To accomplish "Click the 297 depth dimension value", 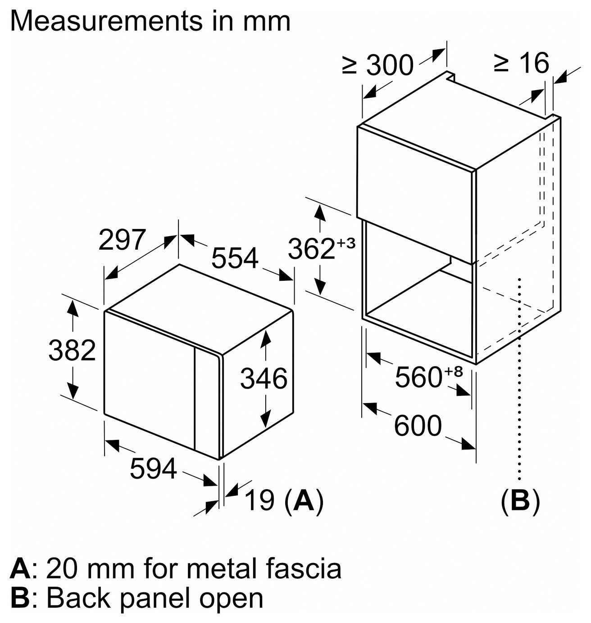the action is (122, 239).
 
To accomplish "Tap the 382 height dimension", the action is (72, 350).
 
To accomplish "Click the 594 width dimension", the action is (153, 468).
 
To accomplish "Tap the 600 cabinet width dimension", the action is (418, 426).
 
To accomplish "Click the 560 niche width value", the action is (418, 377).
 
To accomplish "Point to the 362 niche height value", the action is (311, 249).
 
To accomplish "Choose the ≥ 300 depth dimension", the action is (378, 65).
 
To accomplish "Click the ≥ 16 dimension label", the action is (521, 63).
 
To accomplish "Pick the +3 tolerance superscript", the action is (346, 243).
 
